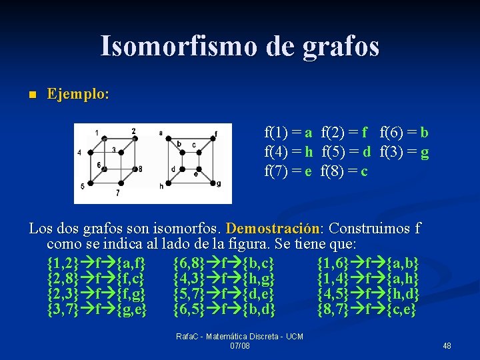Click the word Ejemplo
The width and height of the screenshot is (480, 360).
click(x=78, y=94)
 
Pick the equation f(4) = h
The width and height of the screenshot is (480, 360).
click(x=289, y=151)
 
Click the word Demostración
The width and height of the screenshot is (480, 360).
click(x=273, y=229)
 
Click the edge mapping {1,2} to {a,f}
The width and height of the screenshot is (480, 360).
click(x=97, y=262)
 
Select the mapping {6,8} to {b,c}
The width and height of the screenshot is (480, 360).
click(x=223, y=262)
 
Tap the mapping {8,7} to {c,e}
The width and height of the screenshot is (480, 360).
click(x=366, y=310)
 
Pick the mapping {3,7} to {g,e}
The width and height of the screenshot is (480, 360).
click(x=97, y=310)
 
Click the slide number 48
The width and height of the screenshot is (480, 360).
click(x=447, y=345)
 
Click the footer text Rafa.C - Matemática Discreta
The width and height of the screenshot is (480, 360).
click(x=239, y=337)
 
